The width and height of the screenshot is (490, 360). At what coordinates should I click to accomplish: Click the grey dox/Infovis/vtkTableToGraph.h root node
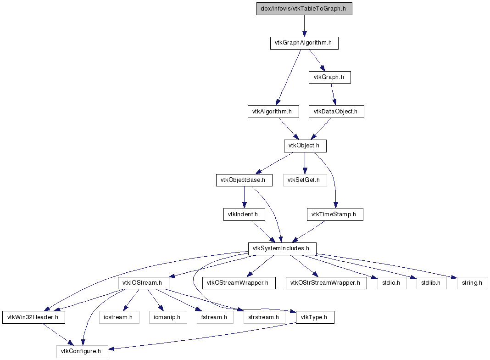click(304, 9)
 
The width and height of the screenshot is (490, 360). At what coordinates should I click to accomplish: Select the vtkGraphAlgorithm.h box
click(304, 43)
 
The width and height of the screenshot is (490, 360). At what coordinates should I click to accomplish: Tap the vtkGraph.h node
click(330, 77)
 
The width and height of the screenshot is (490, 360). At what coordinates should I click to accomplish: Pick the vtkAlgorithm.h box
click(273, 112)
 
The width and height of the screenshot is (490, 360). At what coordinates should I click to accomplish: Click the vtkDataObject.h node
click(336, 112)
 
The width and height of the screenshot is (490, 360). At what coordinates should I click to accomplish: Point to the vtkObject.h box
click(305, 146)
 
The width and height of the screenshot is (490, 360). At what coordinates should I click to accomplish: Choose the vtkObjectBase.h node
click(244, 180)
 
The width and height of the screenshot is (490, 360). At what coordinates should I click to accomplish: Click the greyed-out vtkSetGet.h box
click(305, 180)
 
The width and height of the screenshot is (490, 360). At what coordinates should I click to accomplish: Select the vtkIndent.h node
click(244, 214)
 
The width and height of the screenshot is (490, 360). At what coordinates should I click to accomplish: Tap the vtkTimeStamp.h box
click(335, 214)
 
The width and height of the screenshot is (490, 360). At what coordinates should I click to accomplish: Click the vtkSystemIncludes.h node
click(282, 249)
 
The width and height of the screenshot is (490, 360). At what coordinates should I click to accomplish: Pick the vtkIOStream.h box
click(144, 283)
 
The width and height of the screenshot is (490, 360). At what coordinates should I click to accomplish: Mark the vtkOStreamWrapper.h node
click(239, 283)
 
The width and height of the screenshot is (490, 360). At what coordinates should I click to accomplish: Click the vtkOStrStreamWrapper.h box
click(326, 283)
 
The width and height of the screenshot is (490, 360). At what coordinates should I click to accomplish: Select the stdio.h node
click(392, 283)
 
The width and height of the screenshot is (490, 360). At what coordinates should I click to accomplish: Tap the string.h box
click(472, 283)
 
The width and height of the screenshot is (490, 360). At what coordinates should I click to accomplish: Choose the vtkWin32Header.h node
click(34, 317)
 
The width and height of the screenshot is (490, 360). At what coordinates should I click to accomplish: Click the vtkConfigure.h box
click(82, 352)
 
